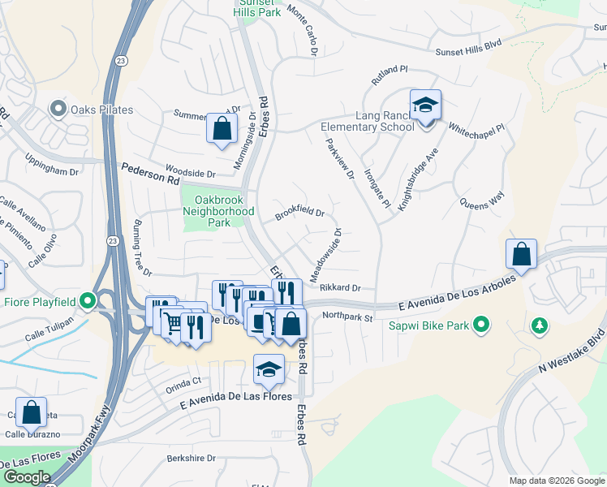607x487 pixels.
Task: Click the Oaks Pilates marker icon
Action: [x=58, y=108]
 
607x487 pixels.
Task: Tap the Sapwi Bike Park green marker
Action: [x=481, y=325]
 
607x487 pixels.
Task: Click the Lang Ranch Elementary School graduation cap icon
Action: [x=425, y=105]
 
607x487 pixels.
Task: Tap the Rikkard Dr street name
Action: [x=339, y=287]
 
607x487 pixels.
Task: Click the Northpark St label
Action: [x=347, y=317]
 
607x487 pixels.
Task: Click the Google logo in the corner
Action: [x=27, y=477]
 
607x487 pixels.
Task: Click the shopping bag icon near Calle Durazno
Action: [x=31, y=412]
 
